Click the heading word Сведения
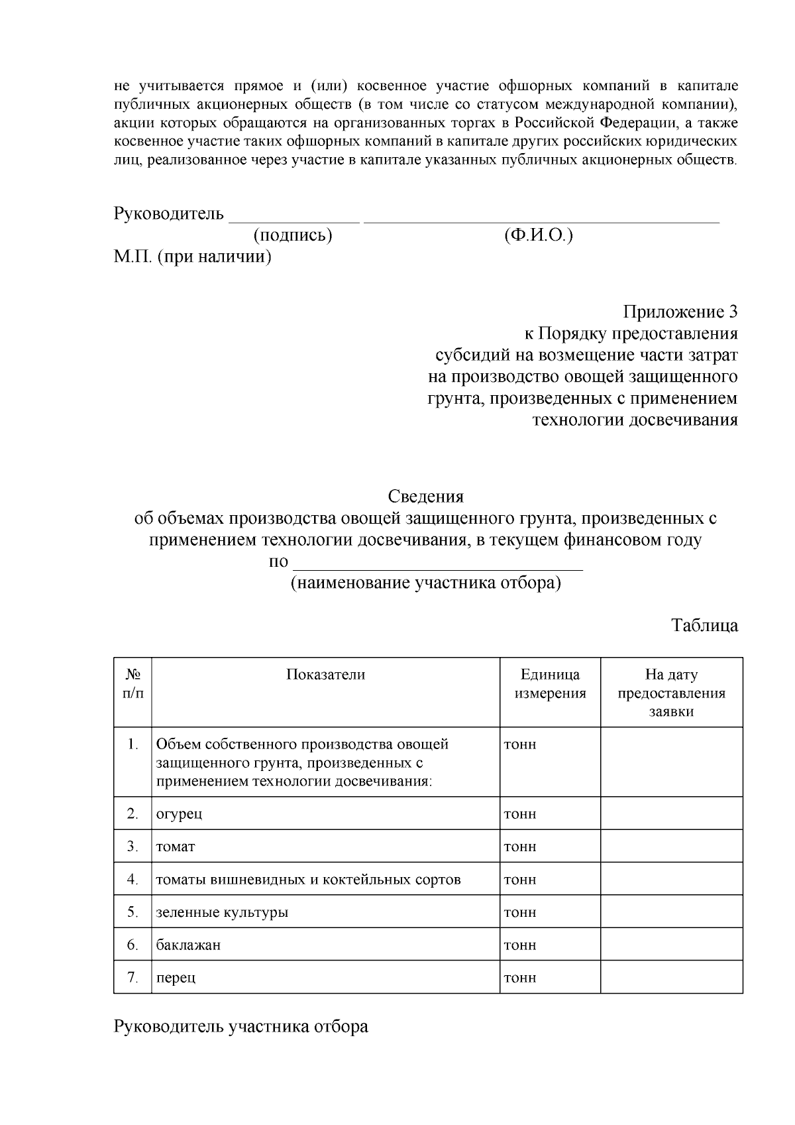pyautogui.click(x=425, y=496)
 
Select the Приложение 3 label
pyautogui.click(x=680, y=312)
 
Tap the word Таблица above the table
pyautogui.click(x=704, y=625)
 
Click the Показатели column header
pyautogui.click(x=325, y=675)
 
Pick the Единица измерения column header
pyautogui.click(x=550, y=684)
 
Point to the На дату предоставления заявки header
pyautogui.click(x=671, y=693)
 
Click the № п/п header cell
pyautogui.click(x=132, y=684)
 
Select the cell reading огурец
pyautogui.click(x=179, y=813)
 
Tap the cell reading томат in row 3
pyautogui.click(x=176, y=847)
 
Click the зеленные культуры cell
pyautogui.click(x=222, y=912)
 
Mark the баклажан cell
pyautogui.click(x=188, y=945)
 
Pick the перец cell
pyautogui.click(x=176, y=978)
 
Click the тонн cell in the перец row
pyautogui.click(x=520, y=978)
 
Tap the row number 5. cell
pyautogui.click(x=132, y=912)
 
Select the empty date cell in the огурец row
pyautogui.click(x=671, y=813)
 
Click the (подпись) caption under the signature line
pyautogui.click(x=292, y=235)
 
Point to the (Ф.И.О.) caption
pyautogui.click(x=538, y=235)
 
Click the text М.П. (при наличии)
pyautogui.click(x=192, y=257)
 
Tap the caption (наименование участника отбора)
pyautogui.click(x=426, y=584)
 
